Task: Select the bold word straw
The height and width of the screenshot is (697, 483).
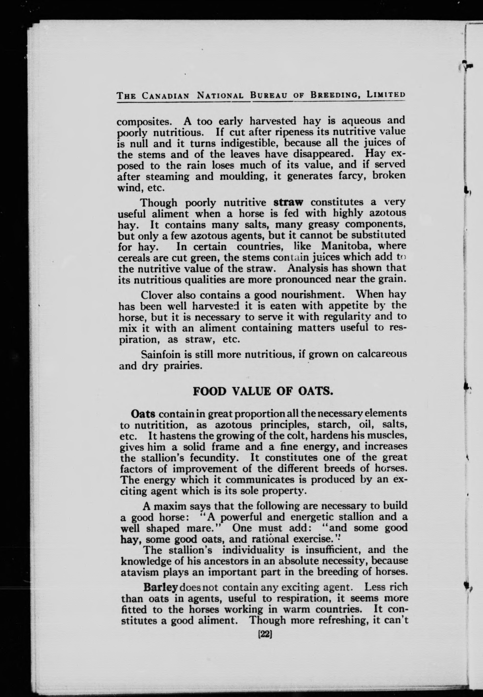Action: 288,202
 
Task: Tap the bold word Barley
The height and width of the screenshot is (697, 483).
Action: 160,587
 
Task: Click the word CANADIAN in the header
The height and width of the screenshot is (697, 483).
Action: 166,96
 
